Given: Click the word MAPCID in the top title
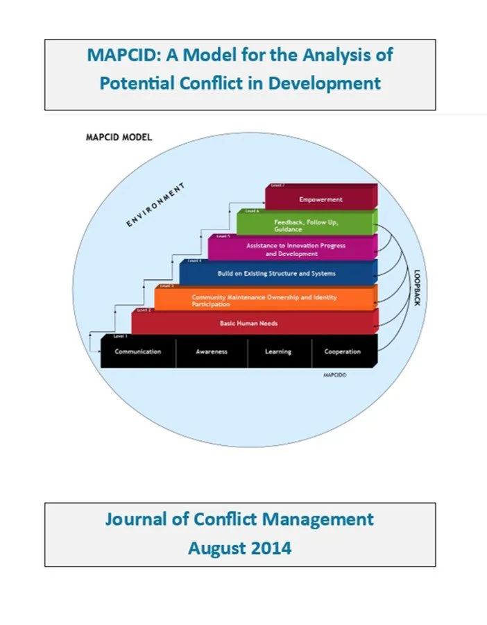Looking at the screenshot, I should click(123, 55).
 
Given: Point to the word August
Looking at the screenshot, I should click(214, 547).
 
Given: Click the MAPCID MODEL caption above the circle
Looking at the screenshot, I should click(118, 137).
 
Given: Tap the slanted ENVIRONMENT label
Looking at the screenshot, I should click(155, 204).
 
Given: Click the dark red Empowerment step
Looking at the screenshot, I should click(321, 199).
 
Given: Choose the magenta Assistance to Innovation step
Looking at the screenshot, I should click(296, 249).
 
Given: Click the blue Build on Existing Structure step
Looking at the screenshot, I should click(276, 274).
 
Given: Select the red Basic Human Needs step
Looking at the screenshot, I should click(253, 324).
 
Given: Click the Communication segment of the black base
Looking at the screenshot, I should click(137, 351).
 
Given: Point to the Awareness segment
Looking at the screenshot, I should click(211, 351).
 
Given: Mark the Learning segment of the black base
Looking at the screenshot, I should click(277, 351).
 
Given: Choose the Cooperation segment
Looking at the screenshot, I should click(343, 351).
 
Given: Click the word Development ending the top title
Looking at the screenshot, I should click(325, 83).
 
